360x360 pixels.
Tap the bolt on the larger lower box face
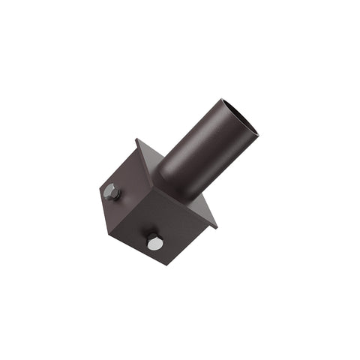[x=154, y=242]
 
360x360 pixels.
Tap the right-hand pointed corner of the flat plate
[x=217, y=226]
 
